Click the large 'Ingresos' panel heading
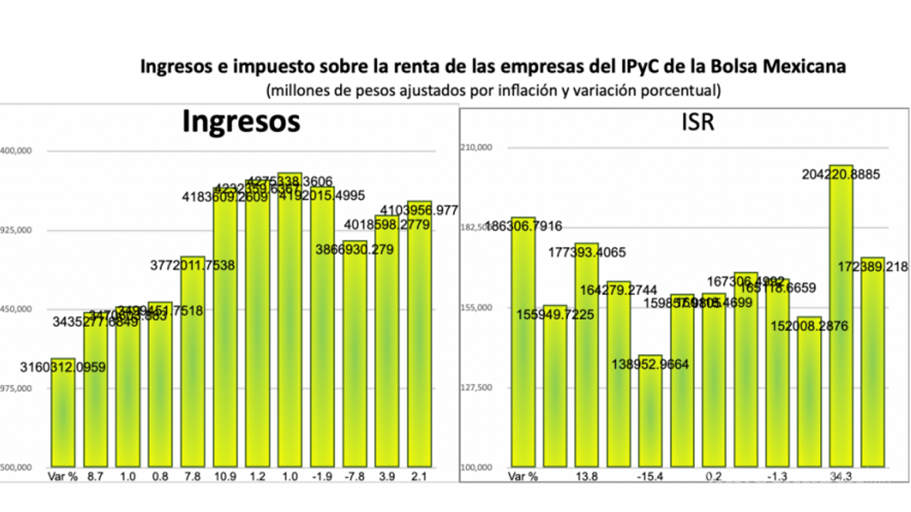[x=241, y=122]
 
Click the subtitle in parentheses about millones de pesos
[x=493, y=90]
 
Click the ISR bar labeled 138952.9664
[x=649, y=411]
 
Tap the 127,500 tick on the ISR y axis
[x=477, y=387]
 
